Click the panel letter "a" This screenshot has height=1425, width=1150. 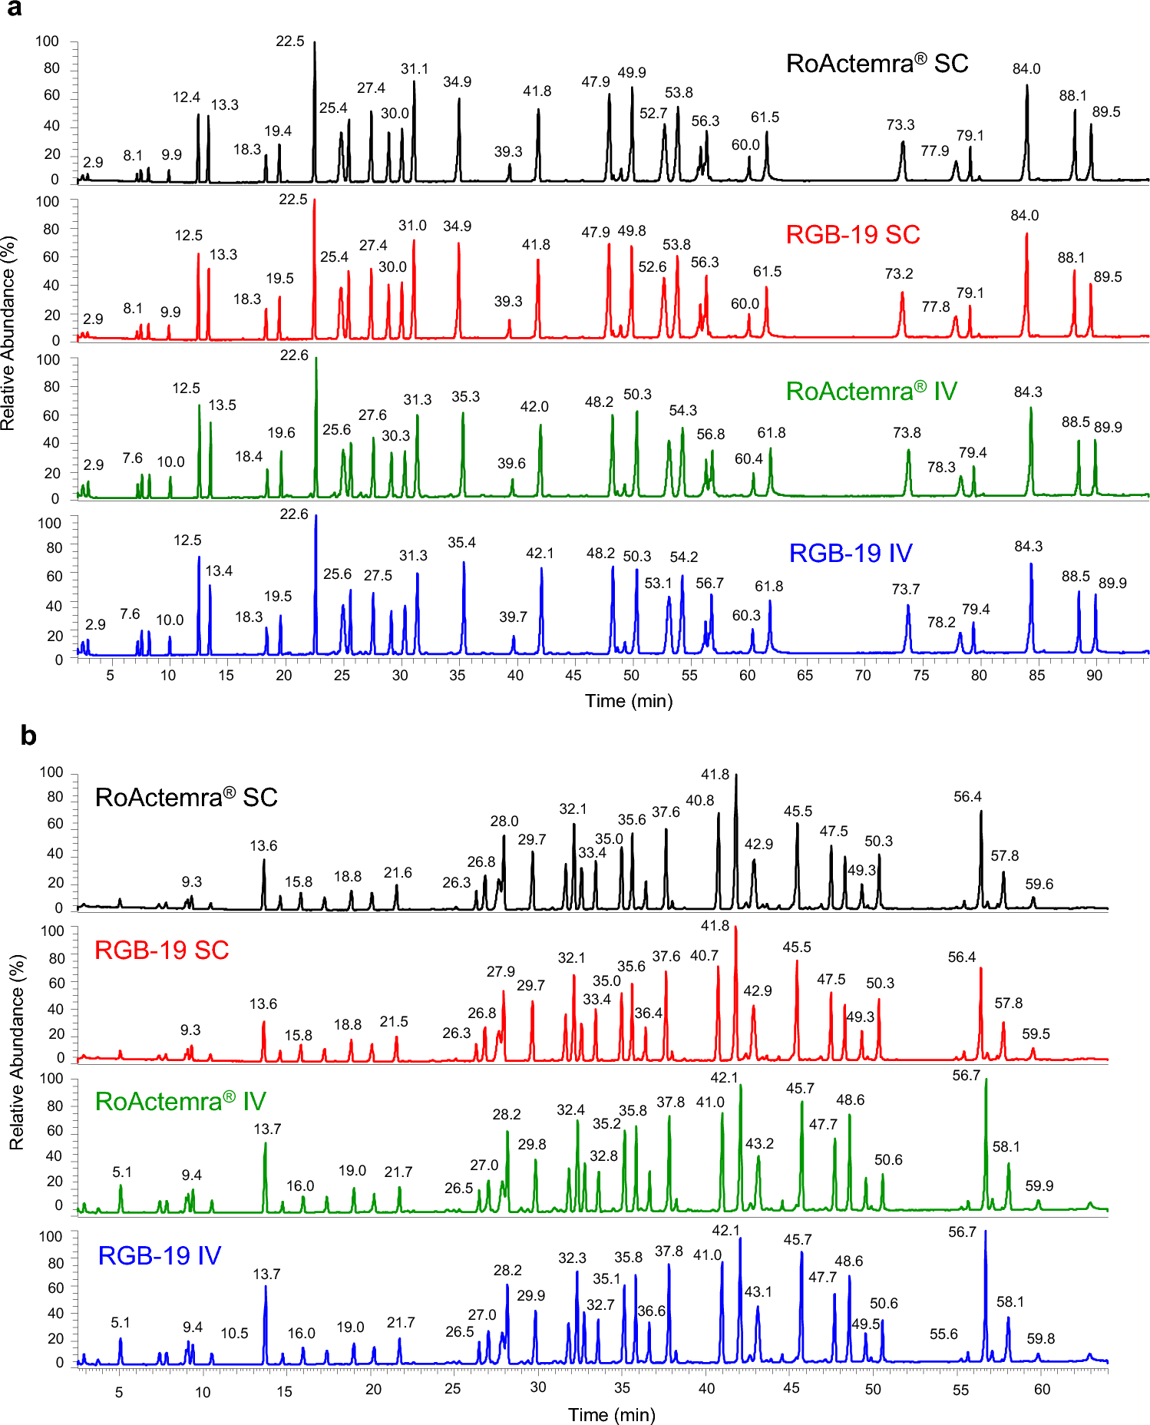pos(13,9)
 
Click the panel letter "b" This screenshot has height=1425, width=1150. pos(28,736)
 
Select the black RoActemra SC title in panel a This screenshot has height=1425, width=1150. pos(877,63)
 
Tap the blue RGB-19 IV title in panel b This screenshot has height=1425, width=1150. pos(160,1255)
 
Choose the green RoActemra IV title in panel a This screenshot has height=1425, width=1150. pos(871,391)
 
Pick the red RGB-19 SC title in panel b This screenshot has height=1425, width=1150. pos(161,950)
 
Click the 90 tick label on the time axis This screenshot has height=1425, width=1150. pos(1094,676)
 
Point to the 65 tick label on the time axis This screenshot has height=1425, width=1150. pos(805,676)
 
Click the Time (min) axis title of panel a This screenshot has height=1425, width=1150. pos(629,701)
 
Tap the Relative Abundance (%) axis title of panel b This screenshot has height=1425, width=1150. pos(17,1052)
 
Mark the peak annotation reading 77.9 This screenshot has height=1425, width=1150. pos(935,150)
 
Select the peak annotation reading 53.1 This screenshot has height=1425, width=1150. pos(658,583)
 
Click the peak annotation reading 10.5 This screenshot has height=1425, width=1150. pos(234,1333)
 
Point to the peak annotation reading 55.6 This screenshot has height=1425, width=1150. pos(943,1334)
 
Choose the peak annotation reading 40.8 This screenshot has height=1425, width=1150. pos(699,800)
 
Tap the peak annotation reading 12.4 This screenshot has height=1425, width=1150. pos(186,98)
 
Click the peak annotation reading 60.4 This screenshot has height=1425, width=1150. pos(748,458)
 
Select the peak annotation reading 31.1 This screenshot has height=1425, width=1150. pos(415,69)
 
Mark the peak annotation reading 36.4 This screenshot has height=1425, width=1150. pos(649,1013)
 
